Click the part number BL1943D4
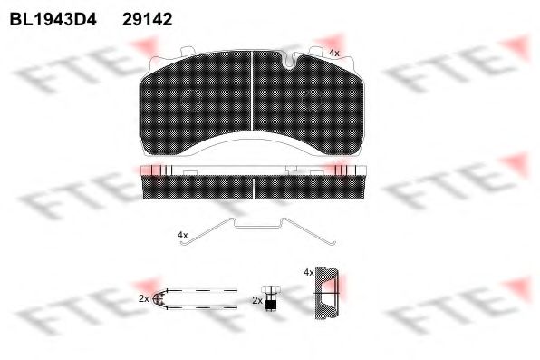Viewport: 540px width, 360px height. click(x=53, y=20)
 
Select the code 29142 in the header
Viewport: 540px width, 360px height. click(x=148, y=20)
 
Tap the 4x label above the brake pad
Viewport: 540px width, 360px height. click(x=333, y=54)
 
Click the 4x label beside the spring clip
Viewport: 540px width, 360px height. click(x=182, y=235)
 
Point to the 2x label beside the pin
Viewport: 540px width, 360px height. click(x=144, y=299)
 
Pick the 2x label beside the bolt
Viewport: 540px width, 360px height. click(x=257, y=300)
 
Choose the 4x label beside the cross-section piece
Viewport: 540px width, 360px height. click(x=309, y=272)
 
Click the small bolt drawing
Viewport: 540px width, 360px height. click(x=271, y=298)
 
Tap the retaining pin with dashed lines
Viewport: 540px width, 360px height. click(x=195, y=298)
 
